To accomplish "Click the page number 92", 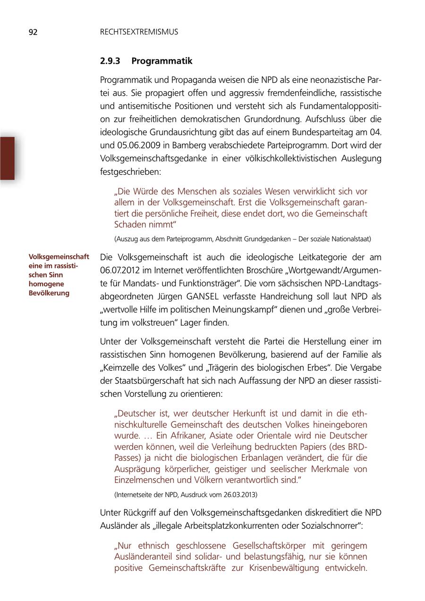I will coord(33,32).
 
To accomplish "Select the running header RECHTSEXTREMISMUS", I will coord(139,32).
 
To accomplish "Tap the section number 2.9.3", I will coord(110,61).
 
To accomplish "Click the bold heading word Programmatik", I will coord(162,61).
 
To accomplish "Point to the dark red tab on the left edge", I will coord(8,158).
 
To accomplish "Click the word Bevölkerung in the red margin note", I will coord(49,293).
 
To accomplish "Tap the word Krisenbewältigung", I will coord(286,568).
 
